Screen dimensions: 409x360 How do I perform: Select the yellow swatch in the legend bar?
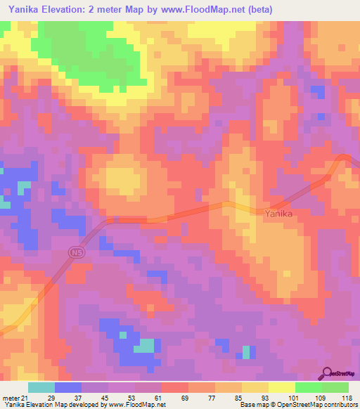click(x=281, y=387)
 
